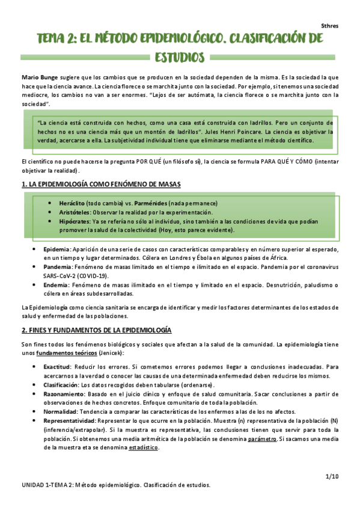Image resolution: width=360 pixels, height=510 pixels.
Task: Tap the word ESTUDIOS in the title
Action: pos(180,58)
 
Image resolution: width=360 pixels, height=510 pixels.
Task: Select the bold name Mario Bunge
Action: pos(37,78)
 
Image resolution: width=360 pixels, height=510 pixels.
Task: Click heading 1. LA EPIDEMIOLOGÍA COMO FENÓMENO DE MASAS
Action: pos(101,183)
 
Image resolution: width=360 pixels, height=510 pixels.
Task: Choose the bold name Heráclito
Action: pos(67,203)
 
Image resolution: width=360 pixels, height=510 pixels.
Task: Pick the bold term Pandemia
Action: pos(58,266)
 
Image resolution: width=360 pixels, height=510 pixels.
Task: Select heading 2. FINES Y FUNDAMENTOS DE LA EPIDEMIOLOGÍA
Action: pos(96,330)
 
